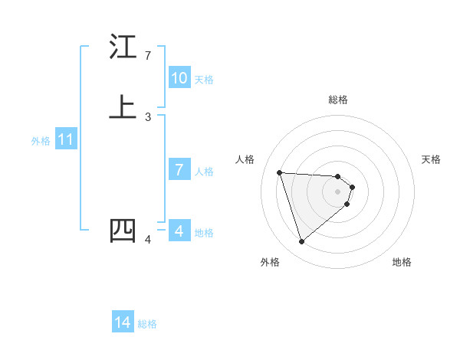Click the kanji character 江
pyautogui.click(x=123, y=47)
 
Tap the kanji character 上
pyautogui.click(x=123, y=107)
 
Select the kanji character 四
pyautogui.click(x=123, y=231)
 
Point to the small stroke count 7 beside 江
pyautogui.click(x=148, y=56)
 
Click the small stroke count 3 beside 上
pyautogui.click(x=148, y=117)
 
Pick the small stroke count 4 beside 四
pyautogui.click(x=148, y=240)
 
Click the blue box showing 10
pyautogui.click(x=179, y=78)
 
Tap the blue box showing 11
pyautogui.click(x=66, y=140)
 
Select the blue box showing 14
pyautogui.click(x=123, y=323)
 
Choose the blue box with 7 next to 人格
pyautogui.click(x=179, y=170)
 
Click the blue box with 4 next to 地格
pyautogui.click(x=179, y=231)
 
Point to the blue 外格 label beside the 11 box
pyautogui.click(x=41, y=141)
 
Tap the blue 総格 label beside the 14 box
pyautogui.click(x=147, y=324)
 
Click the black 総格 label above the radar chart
pyautogui.click(x=338, y=100)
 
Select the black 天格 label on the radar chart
pyautogui.click(x=431, y=159)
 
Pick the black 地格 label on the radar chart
pyautogui.click(x=402, y=262)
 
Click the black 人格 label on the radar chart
pyautogui.click(x=245, y=159)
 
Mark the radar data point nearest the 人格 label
pyautogui.click(x=280, y=172)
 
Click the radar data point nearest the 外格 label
pyautogui.click(x=301, y=242)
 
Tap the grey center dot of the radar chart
pyautogui.click(x=338, y=191)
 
